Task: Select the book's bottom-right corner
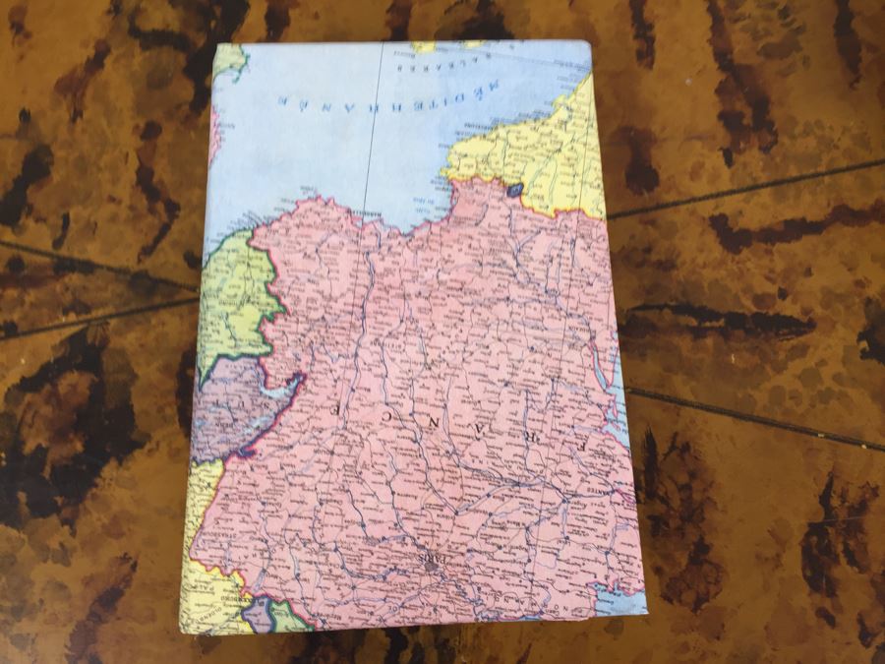click(x=647, y=612)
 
